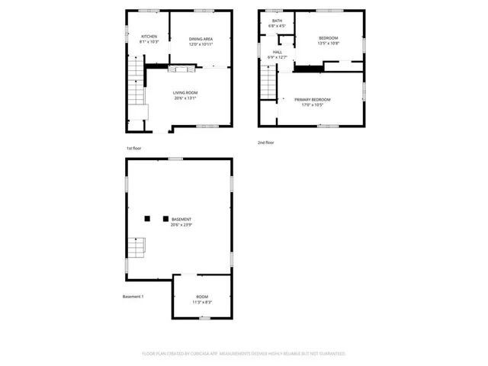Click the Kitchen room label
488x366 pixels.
pyautogui.click(x=149, y=37)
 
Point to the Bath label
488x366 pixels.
pyautogui.click(x=277, y=21)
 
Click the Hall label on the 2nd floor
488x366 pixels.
pyautogui.click(x=277, y=52)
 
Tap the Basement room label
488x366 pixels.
pyautogui.click(x=181, y=220)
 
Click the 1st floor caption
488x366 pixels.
pyautogui.click(x=134, y=148)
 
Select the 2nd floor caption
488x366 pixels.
pyautogui.click(x=266, y=143)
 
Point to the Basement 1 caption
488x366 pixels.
pyautogui.click(x=133, y=297)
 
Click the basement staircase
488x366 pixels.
pyautogui.click(x=136, y=249)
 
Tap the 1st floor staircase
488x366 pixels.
pyautogui.click(x=135, y=84)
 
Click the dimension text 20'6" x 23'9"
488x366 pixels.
pyautogui.click(x=181, y=225)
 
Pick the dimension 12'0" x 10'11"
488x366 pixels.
pyautogui.click(x=201, y=43)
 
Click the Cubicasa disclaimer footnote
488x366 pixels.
pyautogui.click(x=244, y=354)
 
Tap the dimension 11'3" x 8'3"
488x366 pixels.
pyautogui.click(x=201, y=303)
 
